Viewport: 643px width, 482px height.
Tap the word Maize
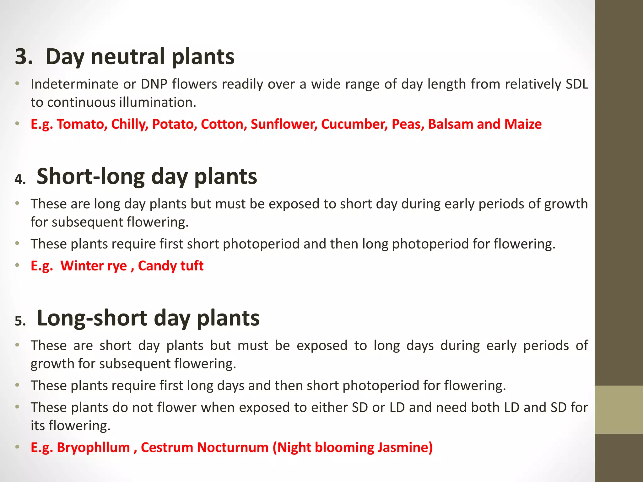point(523,124)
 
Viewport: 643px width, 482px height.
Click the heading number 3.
point(24,57)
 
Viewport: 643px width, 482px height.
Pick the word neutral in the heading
point(127,57)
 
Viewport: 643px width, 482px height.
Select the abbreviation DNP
point(154,84)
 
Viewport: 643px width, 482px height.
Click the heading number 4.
point(20,179)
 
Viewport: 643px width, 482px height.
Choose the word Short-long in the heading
point(90,176)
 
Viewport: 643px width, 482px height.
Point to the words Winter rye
point(94,266)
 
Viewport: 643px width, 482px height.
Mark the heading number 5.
point(20,321)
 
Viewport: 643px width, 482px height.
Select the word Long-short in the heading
point(92,318)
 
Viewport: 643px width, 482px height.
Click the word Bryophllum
point(93,447)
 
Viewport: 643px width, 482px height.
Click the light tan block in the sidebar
point(619,410)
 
